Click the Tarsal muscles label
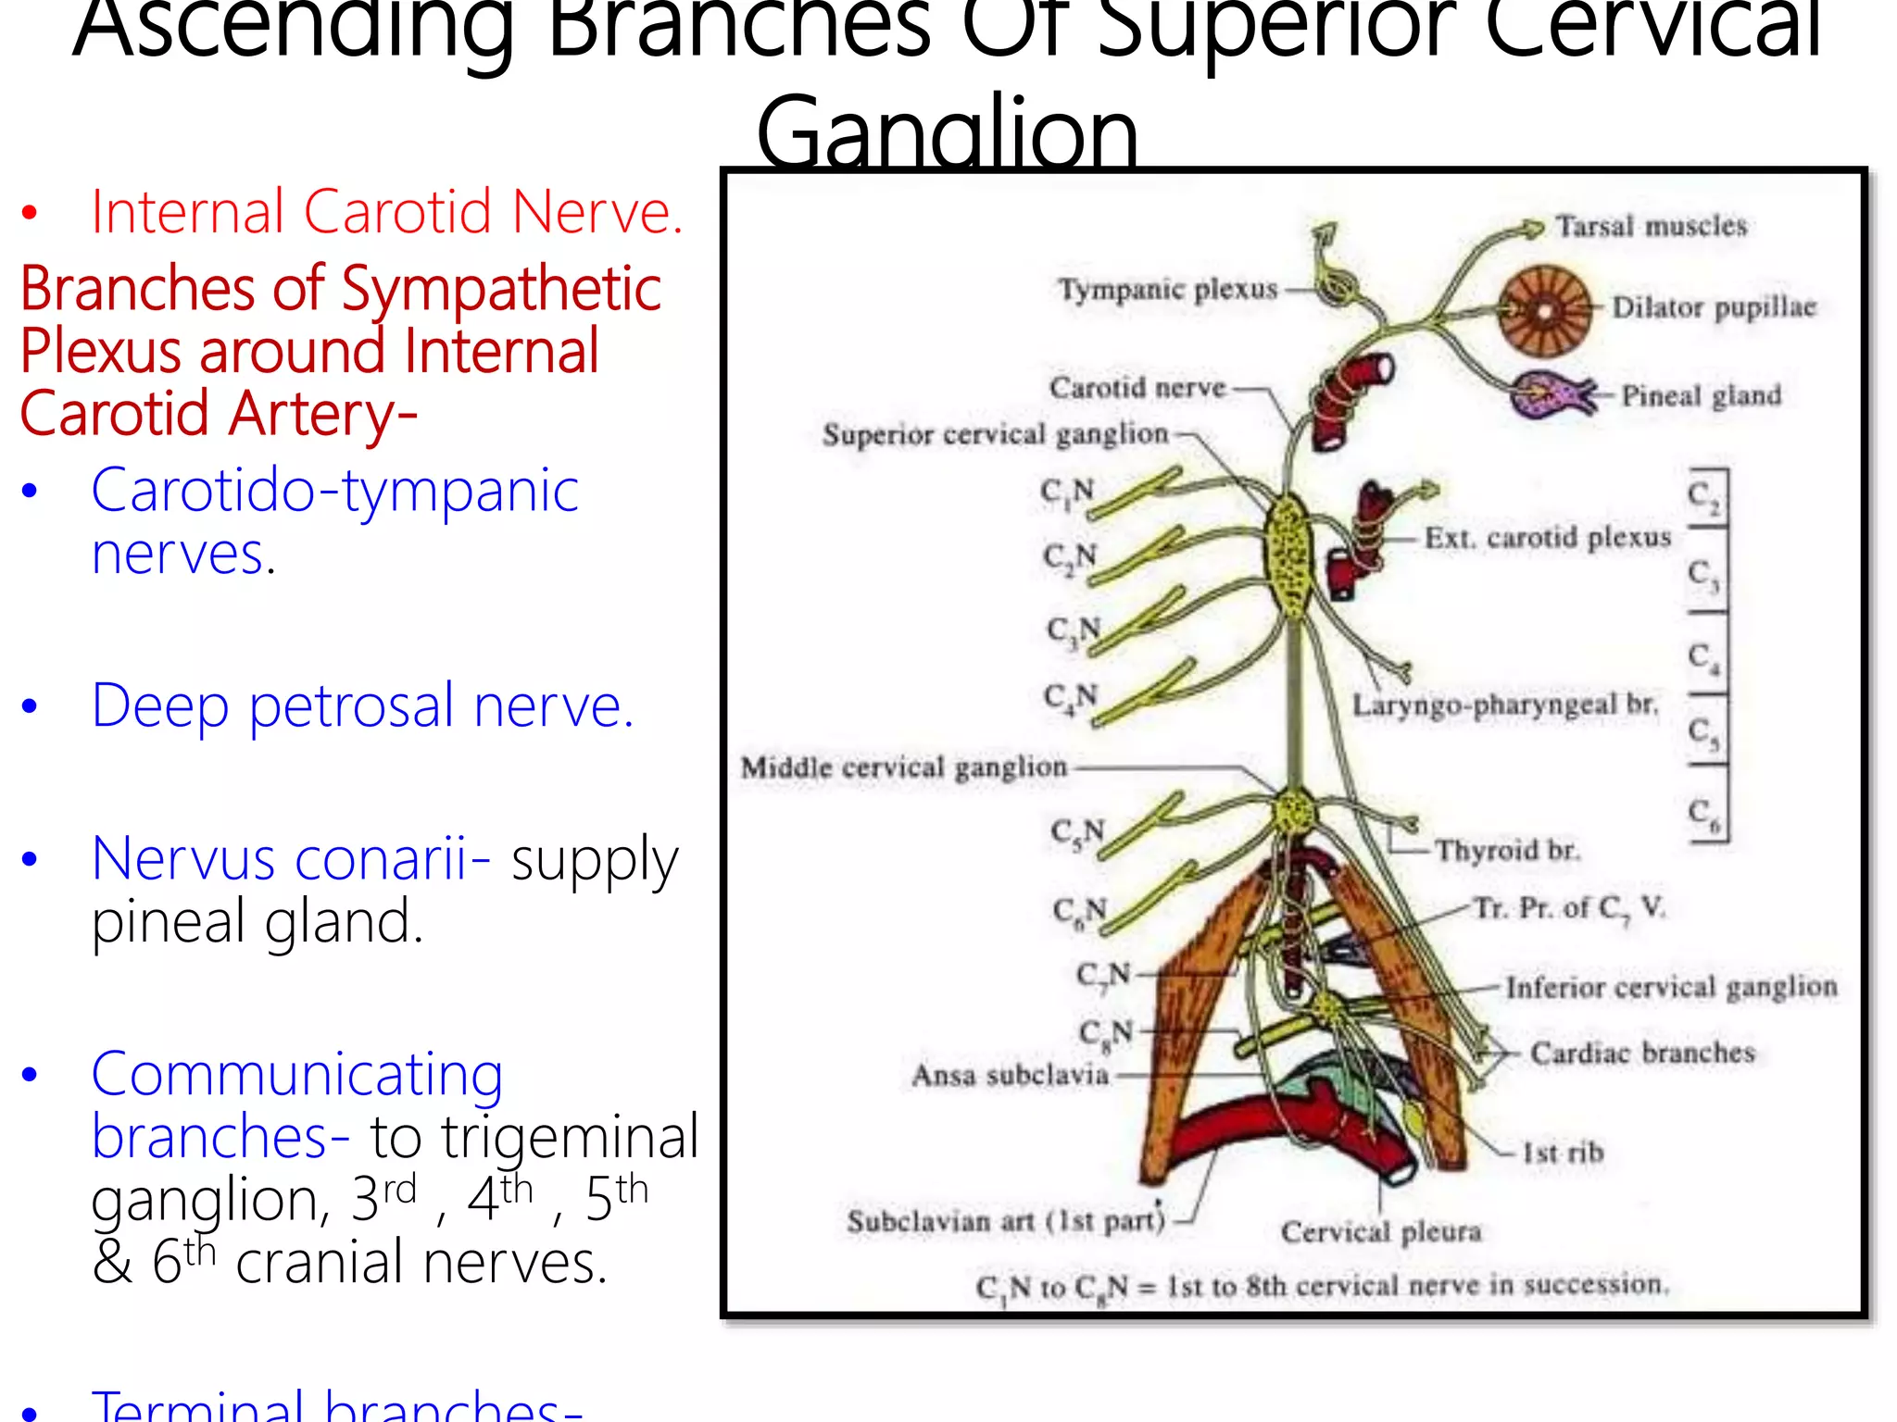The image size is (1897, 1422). pos(1651,226)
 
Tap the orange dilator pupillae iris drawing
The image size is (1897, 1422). pos(1544,311)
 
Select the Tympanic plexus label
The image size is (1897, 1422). pos(1168,290)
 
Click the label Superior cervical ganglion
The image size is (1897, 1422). pos(996,434)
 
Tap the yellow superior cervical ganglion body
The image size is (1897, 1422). pos(1288,555)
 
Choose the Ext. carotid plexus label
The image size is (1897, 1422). pos(1547,538)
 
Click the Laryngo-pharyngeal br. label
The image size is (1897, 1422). pos(1504,705)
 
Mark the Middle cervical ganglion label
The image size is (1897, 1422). pos(904,767)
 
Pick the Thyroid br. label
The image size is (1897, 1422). pos(1507,850)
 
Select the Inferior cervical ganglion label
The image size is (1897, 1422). pos(1671,988)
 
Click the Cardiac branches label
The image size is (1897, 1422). pos(1642,1053)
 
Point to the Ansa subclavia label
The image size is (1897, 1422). pos(1010,1075)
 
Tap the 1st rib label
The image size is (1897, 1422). pos(1563,1153)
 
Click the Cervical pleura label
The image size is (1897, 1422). pos(1381,1232)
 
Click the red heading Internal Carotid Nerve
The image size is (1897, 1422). pos(387,212)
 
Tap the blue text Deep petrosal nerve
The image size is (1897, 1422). pos(363,706)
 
